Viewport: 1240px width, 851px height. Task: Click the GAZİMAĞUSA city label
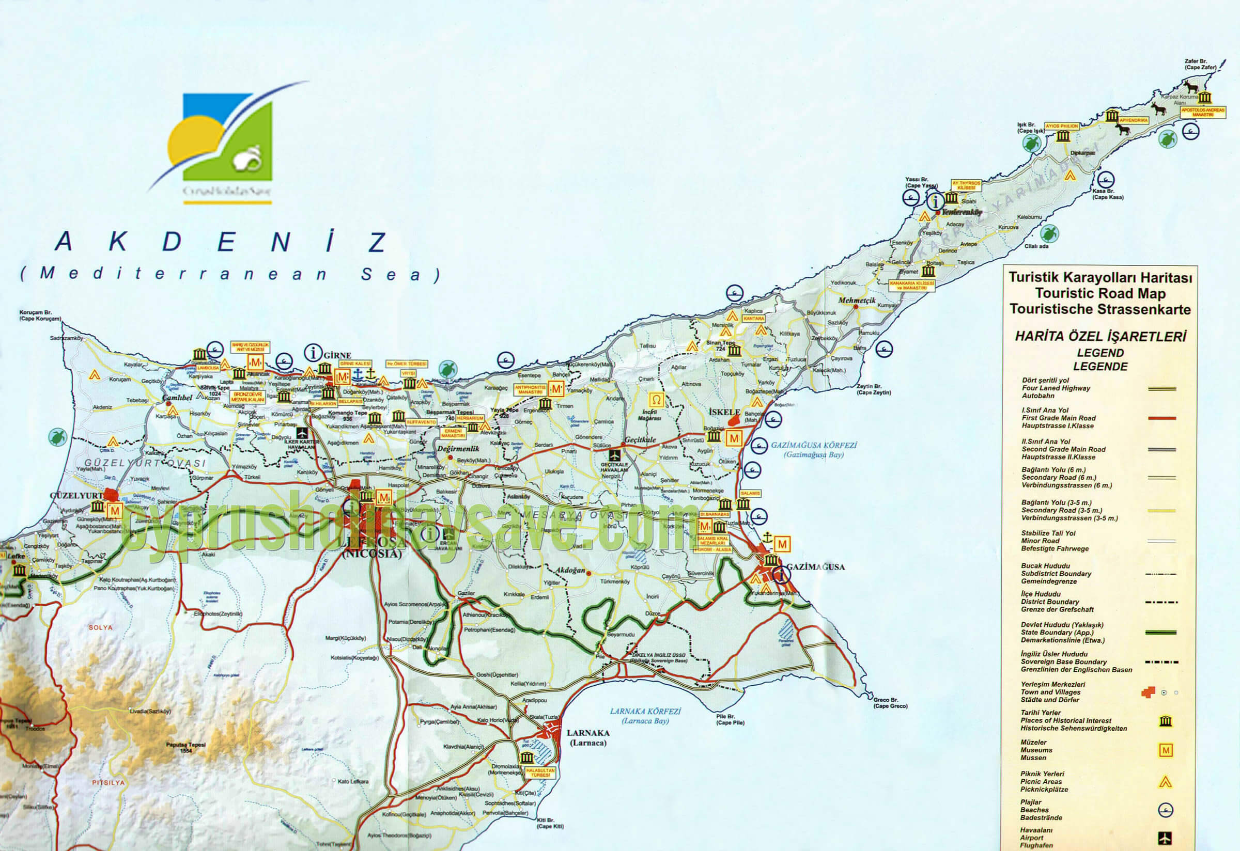[x=815, y=567]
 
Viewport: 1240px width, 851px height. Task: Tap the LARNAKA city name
[x=587, y=733]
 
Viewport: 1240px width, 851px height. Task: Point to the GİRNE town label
[x=338, y=355]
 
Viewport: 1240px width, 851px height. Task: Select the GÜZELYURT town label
[x=76, y=495]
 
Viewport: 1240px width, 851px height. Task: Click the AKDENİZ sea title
[x=222, y=242]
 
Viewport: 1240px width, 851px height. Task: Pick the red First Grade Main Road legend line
[x=1161, y=418]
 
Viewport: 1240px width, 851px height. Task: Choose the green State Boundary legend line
[x=1161, y=633]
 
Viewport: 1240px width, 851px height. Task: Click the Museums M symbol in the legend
[x=1166, y=750]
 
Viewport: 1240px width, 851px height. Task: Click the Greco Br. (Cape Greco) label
[x=890, y=703]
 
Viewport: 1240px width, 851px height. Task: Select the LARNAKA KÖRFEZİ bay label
[x=646, y=711]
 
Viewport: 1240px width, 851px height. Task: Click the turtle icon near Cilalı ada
[x=1049, y=233]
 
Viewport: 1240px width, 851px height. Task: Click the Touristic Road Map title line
[x=1100, y=293]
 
